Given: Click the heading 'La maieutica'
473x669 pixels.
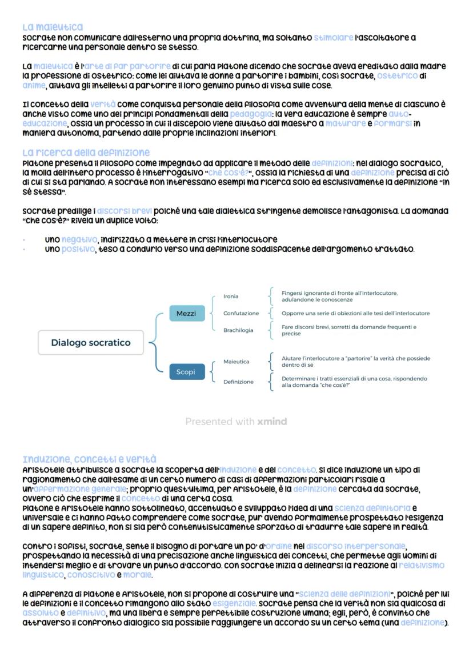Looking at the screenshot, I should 53,27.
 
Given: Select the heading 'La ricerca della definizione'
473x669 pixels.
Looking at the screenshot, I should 86,153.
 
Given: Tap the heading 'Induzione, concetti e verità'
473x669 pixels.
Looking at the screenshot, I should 89,459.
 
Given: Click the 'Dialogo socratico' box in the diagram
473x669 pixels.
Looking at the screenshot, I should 90,343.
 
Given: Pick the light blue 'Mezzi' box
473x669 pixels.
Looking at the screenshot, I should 186,314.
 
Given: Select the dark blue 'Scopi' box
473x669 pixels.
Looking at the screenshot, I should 186,372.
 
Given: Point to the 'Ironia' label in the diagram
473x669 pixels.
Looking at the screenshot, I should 231,297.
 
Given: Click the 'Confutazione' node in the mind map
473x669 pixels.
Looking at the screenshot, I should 240,314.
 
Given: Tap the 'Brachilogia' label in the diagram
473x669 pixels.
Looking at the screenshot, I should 238,330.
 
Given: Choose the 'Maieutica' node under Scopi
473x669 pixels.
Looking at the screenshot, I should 236,362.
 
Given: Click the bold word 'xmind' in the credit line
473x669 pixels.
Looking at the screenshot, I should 272,422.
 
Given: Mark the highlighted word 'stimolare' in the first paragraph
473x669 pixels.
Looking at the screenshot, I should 333,38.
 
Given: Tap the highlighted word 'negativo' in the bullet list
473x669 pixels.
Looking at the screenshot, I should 79,240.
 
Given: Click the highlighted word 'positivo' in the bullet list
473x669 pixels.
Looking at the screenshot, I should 79,249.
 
